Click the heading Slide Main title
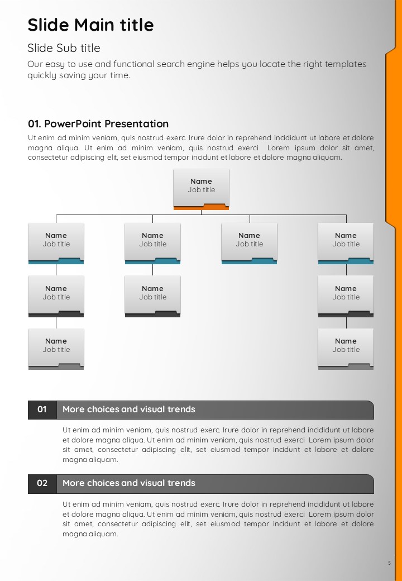pos(90,25)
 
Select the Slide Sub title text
pos(64,48)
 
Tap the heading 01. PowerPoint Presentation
pos(98,124)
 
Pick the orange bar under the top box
pos(201,207)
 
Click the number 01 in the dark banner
pos(42,409)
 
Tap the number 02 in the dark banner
pos(42,483)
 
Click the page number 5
pos(389,563)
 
